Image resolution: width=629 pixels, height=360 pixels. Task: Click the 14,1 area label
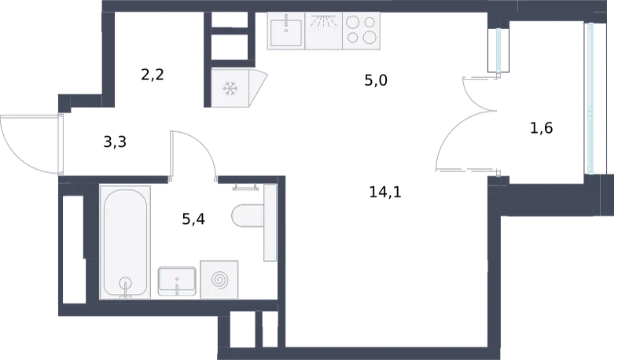tap(385, 193)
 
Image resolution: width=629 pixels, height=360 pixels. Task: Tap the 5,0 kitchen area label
tap(376, 81)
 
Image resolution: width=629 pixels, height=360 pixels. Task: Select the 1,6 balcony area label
tap(541, 128)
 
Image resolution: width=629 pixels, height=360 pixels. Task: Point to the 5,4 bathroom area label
tap(193, 219)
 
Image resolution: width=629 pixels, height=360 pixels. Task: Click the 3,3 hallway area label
tap(115, 142)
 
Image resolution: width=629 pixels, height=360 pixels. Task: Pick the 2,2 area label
tap(153, 75)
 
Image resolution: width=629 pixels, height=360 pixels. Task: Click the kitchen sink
tap(286, 31)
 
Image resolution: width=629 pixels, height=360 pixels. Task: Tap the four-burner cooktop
tap(361, 31)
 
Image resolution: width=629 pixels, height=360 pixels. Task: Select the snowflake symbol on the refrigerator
tap(230, 89)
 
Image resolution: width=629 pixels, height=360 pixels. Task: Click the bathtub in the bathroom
tap(125, 242)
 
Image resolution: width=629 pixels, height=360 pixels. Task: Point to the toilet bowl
tap(248, 215)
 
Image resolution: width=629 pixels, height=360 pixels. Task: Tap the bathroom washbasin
tap(177, 281)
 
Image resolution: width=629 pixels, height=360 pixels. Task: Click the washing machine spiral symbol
tap(219, 280)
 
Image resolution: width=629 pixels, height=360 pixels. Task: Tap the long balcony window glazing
tap(590, 98)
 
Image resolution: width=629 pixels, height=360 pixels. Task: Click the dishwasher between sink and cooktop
tap(324, 31)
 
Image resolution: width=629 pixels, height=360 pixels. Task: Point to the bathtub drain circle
tap(126, 283)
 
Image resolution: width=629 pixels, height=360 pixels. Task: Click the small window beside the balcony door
tap(498, 50)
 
